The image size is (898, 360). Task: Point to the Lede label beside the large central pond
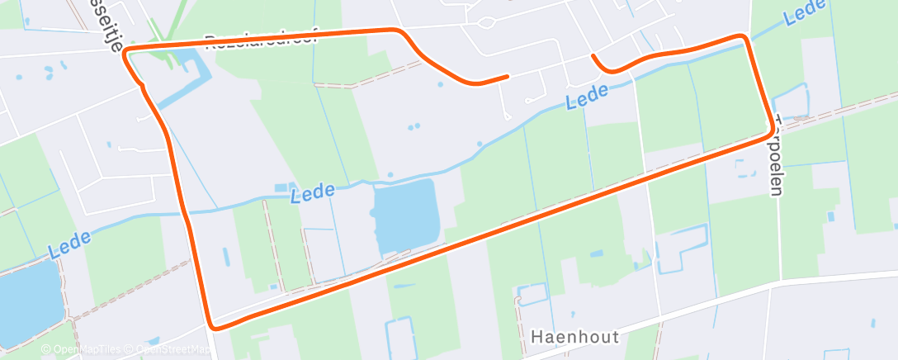coord(314,192)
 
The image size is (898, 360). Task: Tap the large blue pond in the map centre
coord(404,216)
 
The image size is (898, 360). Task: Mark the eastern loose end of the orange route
coord(593,56)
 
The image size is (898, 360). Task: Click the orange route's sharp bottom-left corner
coord(214,326)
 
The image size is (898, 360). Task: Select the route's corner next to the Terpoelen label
coord(775,130)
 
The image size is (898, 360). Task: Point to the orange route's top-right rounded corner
coord(744,38)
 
